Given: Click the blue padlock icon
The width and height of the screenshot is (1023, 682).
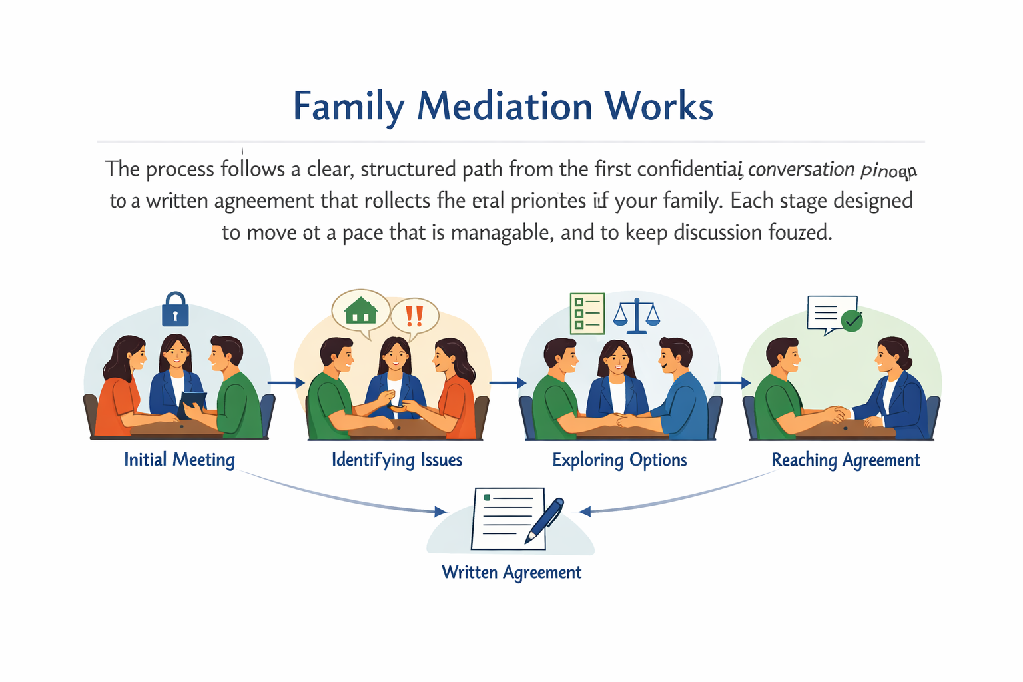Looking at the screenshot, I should coord(175,310).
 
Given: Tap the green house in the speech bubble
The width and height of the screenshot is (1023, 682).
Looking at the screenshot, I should coord(360,310).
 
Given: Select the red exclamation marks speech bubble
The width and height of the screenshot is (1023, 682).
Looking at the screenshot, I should coord(414,315).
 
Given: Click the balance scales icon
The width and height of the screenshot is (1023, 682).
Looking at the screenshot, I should coord(637,316).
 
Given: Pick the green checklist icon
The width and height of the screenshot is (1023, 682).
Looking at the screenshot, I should coord(587,313).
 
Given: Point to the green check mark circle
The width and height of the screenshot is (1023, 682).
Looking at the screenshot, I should coord(852,320).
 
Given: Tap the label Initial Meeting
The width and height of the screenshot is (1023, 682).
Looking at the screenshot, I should coord(179,460).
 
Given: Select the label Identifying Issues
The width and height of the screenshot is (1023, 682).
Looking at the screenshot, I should coord(397,460).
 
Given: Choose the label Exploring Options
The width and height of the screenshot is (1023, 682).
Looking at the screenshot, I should coord(619,460).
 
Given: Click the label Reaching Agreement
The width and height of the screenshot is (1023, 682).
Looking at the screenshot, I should coord(845,460).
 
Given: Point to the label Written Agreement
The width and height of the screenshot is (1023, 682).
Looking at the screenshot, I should coord(511,572).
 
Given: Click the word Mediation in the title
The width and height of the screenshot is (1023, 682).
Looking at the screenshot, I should coord(504,106).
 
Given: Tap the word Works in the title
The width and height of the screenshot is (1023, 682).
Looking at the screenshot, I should coord(659,106).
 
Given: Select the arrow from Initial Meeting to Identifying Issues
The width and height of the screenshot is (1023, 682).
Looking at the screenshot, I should coord(286,383).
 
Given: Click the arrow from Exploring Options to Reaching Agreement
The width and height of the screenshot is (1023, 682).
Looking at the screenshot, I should coord(732,383).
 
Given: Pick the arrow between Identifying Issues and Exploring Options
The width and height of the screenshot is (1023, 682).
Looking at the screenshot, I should coord(508,383).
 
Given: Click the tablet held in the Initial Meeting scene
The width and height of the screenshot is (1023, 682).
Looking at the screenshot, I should coord(193,402).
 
